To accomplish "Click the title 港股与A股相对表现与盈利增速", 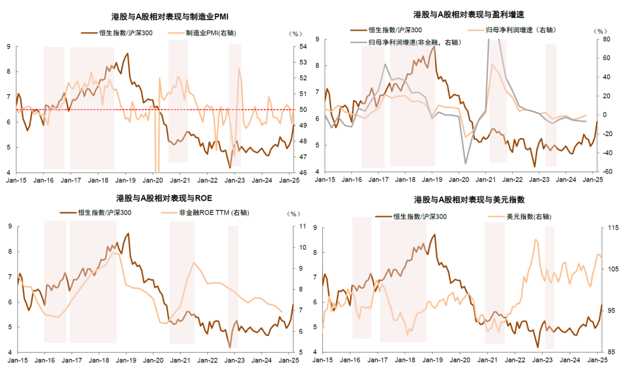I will [x=469, y=14].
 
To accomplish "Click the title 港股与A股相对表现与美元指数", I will [x=469, y=199].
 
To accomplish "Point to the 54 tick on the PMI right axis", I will [x=303, y=46].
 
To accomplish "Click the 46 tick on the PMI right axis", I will [x=303, y=172].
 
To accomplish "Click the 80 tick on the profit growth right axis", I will [x=606, y=39].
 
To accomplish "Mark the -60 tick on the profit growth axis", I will [x=606, y=172].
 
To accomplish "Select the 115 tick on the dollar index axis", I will [x=609, y=228].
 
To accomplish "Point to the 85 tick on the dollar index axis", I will [x=608, y=352].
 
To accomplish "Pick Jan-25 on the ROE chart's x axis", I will [x=290, y=361].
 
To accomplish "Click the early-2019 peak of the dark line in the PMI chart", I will [x=127, y=54].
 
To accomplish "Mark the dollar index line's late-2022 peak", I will [x=536, y=240].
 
